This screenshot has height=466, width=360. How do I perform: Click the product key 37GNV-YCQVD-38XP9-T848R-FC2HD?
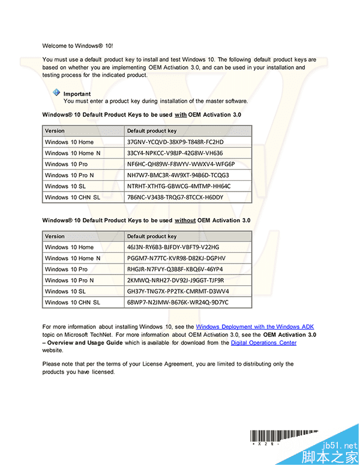click(x=175, y=142)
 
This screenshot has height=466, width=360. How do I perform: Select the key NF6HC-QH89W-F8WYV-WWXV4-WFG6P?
click(x=181, y=164)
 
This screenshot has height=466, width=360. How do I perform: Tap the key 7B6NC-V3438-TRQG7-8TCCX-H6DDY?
click(x=175, y=197)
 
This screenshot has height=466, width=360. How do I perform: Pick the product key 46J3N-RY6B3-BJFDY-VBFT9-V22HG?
click(x=173, y=247)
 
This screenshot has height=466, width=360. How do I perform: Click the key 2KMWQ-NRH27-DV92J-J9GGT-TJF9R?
click(x=175, y=280)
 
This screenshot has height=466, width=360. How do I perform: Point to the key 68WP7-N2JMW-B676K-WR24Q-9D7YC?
click(x=178, y=302)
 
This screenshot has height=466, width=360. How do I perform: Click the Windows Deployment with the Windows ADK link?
click(x=255, y=327)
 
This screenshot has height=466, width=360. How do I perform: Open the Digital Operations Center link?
click(x=263, y=342)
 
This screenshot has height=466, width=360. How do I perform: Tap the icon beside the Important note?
click(x=56, y=92)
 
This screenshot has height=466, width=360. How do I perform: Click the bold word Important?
click(x=77, y=94)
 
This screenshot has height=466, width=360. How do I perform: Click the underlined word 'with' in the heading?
click(x=180, y=114)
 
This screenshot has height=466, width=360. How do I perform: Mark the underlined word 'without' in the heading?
click(x=185, y=220)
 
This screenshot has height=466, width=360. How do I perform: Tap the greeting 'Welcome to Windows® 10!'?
click(x=77, y=46)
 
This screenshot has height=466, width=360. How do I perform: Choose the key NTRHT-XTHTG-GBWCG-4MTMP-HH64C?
click(x=178, y=186)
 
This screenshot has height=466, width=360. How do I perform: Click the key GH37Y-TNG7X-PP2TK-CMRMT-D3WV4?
click(x=178, y=291)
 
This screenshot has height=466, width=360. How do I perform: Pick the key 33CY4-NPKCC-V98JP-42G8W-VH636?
click(x=175, y=153)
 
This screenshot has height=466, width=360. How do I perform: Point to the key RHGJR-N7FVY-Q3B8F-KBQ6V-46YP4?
click(x=175, y=269)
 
